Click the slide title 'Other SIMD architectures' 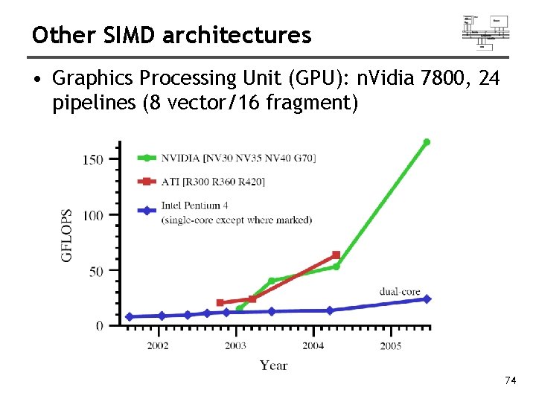tap(171, 35)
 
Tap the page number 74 tap(510, 381)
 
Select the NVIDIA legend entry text tap(238, 158)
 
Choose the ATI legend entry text tap(213, 182)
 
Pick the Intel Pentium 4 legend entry tap(236, 212)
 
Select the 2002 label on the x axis tap(157, 346)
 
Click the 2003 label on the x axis tap(235, 346)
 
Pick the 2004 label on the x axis tap(313, 346)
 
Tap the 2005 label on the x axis tap(391, 346)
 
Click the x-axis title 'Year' tap(274, 365)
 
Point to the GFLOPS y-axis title tap(68, 234)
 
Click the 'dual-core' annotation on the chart tap(400, 291)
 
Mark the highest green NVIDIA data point tap(427, 141)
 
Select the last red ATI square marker tap(336, 255)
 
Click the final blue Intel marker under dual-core tap(427, 299)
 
